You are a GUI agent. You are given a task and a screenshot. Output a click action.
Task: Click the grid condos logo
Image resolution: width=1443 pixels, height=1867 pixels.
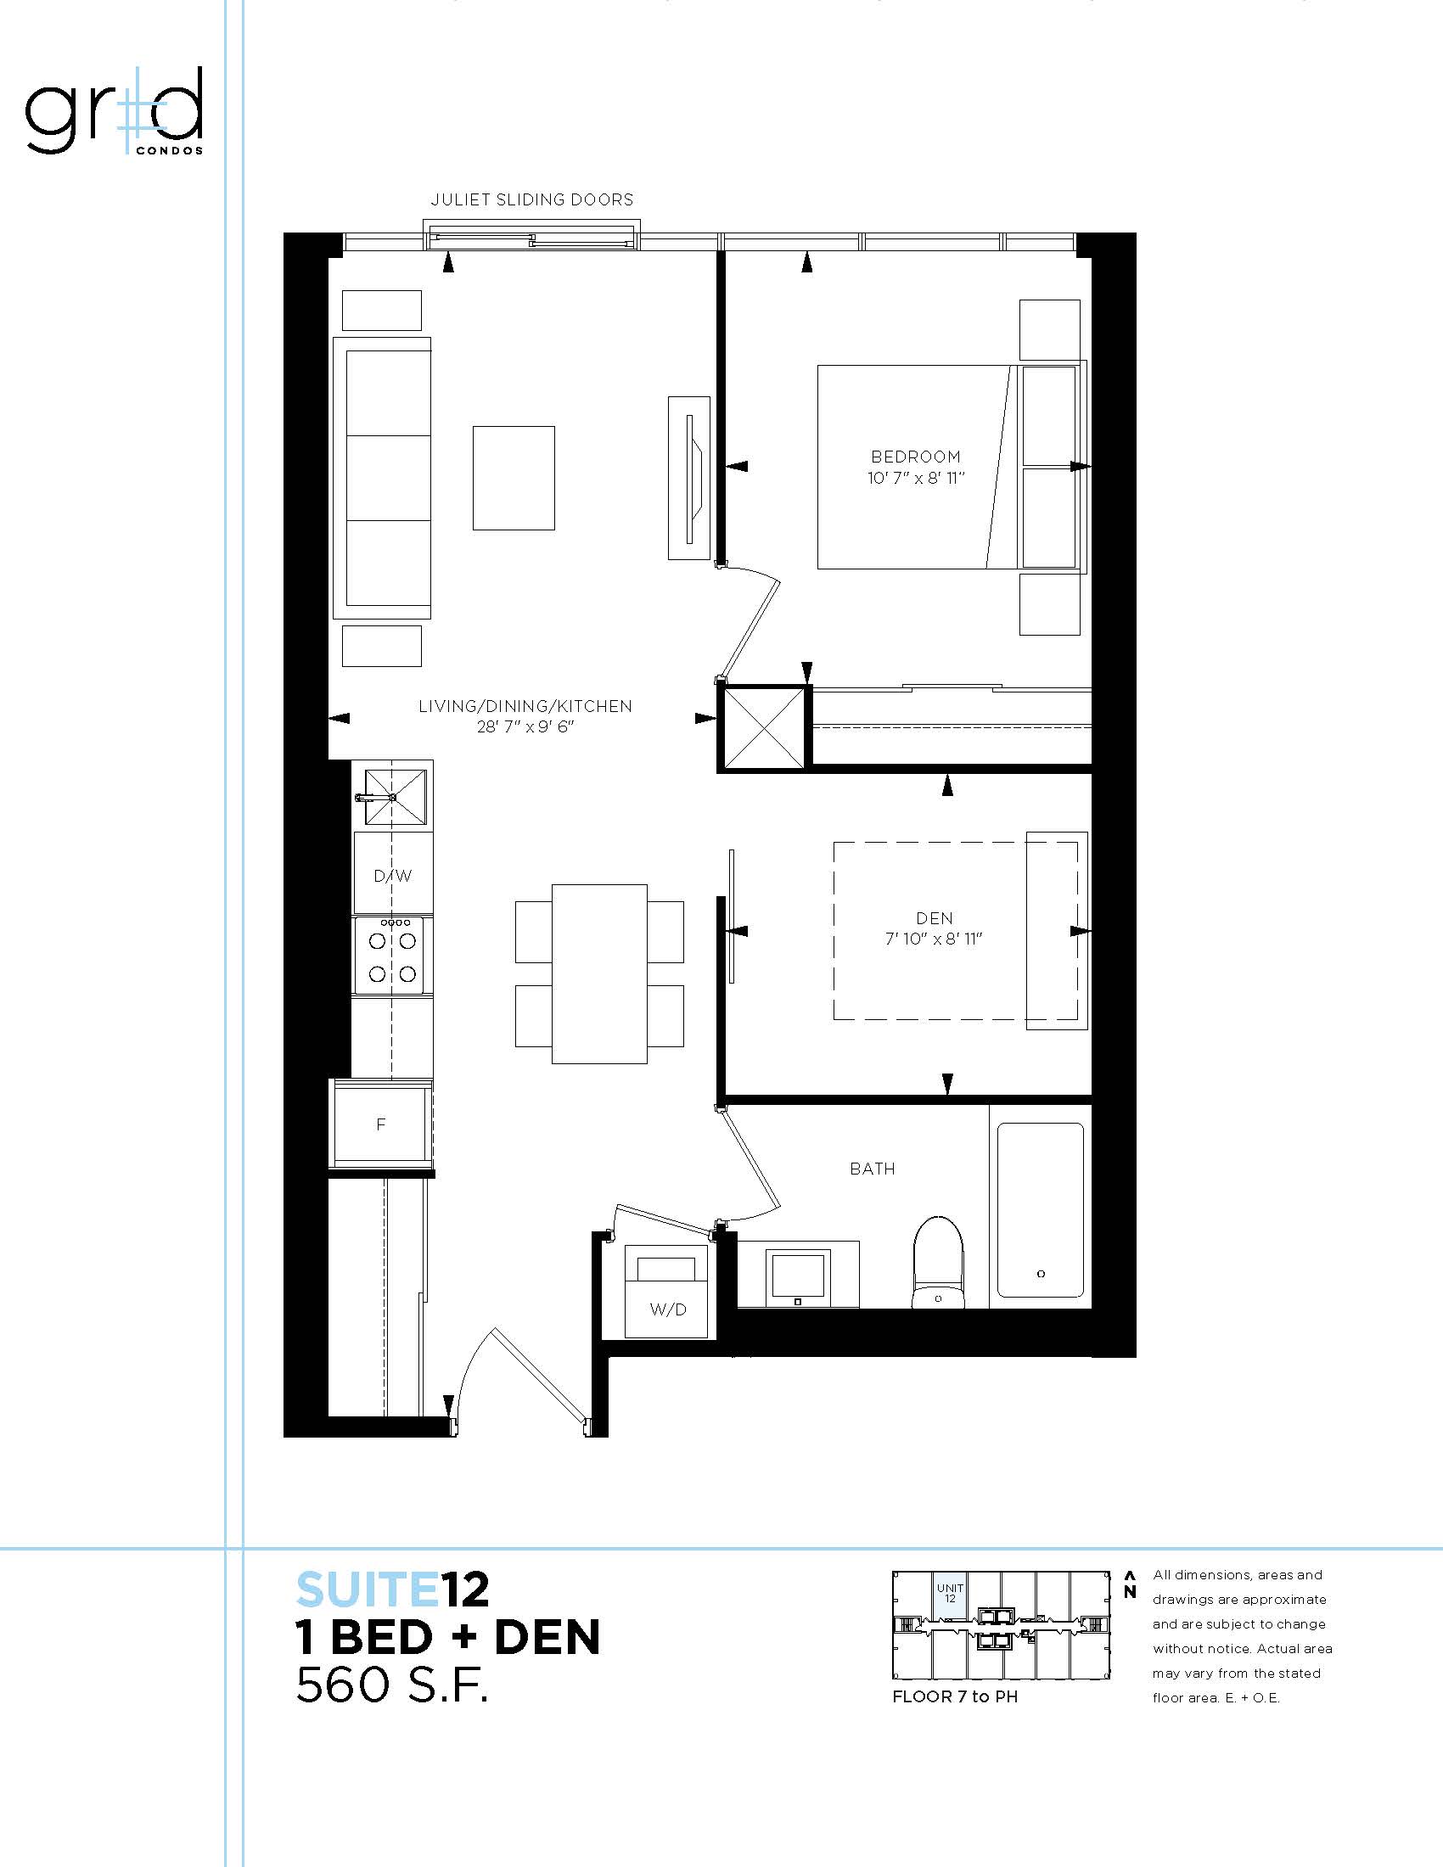tap(115, 112)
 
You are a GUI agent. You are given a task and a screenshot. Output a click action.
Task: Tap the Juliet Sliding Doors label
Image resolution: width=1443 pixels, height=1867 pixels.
tap(531, 200)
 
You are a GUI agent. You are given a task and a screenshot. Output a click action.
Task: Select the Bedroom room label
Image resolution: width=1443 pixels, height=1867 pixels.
tap(916, 457)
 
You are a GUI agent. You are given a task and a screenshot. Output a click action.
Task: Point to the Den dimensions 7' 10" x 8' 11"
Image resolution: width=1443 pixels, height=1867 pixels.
tap(934, 939)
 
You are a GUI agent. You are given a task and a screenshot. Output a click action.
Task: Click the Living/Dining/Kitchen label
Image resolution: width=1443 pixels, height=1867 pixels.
tap(525, 706)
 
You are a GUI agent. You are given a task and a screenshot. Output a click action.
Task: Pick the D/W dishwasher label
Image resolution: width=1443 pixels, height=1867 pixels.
tap(393, 877)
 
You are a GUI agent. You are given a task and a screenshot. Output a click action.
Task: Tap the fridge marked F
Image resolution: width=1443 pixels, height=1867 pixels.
tap(381, 1124)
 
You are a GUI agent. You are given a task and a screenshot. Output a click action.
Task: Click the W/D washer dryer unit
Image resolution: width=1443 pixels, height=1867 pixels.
tap(667, 1291)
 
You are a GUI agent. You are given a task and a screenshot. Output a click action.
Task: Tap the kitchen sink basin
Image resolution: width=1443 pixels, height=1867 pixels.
tap(396, 797)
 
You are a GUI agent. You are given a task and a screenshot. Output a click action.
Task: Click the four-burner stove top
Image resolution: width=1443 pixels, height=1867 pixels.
tap(392, 955)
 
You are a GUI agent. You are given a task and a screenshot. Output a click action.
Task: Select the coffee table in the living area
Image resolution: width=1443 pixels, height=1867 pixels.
tap(514, 478)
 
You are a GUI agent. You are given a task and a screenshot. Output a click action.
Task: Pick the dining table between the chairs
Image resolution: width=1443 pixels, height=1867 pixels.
tap(599, 973)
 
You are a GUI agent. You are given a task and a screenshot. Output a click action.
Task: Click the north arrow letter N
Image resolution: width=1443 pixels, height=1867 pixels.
tap(1129, 1592)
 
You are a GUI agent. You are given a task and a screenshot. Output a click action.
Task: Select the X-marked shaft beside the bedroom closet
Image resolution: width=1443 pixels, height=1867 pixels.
tap(763, 727)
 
